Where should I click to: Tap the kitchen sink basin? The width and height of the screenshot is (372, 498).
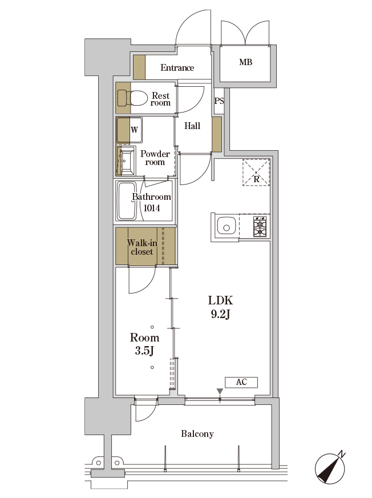(x=226, y=226)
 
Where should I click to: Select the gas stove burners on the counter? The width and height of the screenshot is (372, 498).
(x=261, y=226)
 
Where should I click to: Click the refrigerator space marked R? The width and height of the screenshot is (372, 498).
(x=256, y=172)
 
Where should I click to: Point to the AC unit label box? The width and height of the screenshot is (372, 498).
(x=241, y=382)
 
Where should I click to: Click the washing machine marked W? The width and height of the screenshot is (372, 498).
(x=129, y=130)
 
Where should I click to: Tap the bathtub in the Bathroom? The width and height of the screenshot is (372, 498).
(x=127, y=201)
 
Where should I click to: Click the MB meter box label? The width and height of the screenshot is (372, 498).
(x=246, y=62)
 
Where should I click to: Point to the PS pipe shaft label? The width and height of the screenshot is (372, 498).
(x=219, y=101)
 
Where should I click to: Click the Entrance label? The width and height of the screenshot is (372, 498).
(x=177, y=67)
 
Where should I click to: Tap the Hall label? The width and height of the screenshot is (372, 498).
(x=192, y=126)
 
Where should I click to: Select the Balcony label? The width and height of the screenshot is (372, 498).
(x=197, y=434)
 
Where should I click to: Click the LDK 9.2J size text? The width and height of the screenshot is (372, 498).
(x=221, y=307)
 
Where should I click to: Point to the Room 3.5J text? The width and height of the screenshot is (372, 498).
(x=144, y=344)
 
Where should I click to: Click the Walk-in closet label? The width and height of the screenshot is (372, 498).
(x=142, y=247)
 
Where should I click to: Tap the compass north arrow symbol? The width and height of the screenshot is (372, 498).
(x=330, y=469)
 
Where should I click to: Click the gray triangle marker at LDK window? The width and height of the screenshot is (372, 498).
(x=220, y=391)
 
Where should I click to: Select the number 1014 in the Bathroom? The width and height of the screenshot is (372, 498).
(x=151, y=208)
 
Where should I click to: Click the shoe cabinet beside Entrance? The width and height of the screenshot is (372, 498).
(x=139, y=67)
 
